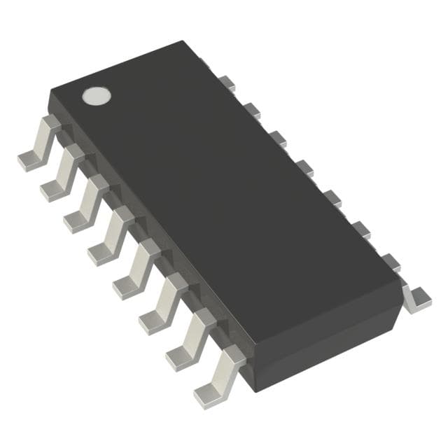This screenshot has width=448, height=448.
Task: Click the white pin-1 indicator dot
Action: pos(97,96)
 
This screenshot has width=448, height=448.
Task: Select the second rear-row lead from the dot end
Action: pos(251,109)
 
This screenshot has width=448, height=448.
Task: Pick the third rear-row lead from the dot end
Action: pos(278,137)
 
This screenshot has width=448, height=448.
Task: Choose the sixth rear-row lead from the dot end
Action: pos(361,228)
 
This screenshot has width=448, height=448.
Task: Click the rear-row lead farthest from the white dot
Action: pos(418,297)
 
